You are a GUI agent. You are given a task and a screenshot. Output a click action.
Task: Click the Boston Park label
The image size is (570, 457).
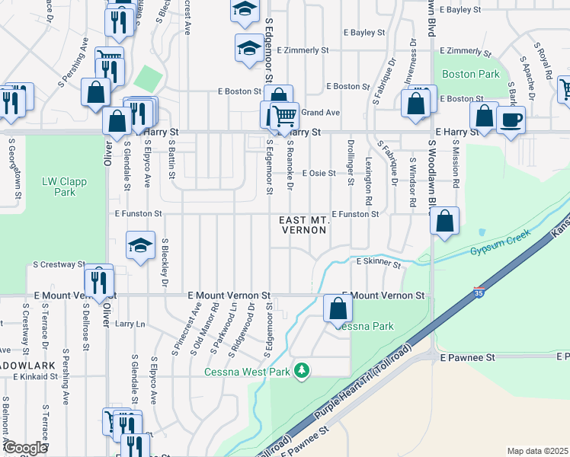click(x=471, y=75)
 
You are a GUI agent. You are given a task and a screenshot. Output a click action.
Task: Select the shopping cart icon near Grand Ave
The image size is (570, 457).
click(x=284, y=115)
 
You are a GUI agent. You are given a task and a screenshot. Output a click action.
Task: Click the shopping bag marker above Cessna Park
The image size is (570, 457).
click(x=338, y=308)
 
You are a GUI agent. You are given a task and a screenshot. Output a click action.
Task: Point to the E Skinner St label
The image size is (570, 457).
click(x=379, y=263)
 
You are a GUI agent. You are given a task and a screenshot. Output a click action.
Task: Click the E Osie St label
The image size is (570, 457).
click(x=319, y=174)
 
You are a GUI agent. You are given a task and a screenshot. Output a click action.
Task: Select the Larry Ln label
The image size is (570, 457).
click(x=130, y=324)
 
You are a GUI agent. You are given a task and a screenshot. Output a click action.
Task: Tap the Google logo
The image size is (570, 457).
click(x=25, y=448)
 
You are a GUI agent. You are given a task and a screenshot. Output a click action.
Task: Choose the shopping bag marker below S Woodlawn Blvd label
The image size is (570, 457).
click(x=445, y=221)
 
